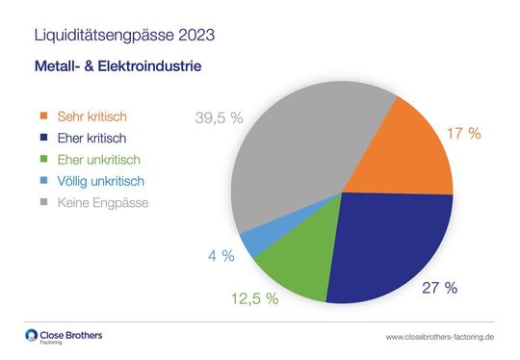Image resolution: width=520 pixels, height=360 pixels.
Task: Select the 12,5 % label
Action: coord(254,298)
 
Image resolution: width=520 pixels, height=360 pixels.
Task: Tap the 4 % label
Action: coord(221,256)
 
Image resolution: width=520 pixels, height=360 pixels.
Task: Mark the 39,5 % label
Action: coord(220,118)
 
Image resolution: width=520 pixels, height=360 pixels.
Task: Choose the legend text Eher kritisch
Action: coord(94,139)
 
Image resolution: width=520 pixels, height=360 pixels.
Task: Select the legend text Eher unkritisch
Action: coord(101,160)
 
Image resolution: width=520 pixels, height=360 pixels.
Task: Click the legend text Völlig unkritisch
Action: coord(103,181)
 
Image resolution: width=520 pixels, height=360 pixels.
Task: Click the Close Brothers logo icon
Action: coord(33,336)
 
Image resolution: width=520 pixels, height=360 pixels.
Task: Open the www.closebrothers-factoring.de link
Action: coord(439,338)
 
